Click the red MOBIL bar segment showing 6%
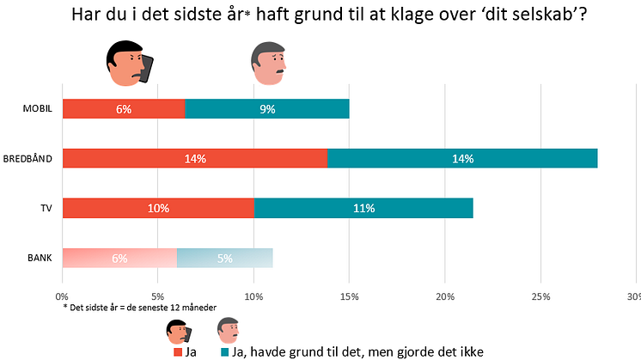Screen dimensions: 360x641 click(123, 108)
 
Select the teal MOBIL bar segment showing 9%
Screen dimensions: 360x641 click(266, 108)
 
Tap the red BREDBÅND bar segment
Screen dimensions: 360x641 click(195, 158)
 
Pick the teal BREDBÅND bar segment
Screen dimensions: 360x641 click(462, 158)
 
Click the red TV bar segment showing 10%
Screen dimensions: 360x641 click(158, 208)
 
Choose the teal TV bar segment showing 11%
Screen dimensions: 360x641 click(363, 208)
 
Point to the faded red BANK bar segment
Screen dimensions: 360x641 click(119, 258)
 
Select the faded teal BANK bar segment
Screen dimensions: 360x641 click(224, 258)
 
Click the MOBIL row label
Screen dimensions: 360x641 click(39, 109)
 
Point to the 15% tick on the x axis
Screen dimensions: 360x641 click(349, 296)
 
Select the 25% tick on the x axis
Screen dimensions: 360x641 click(540, 296)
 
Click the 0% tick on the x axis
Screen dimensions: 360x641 click(63, 296)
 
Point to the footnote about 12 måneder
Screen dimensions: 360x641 click(139, 308)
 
